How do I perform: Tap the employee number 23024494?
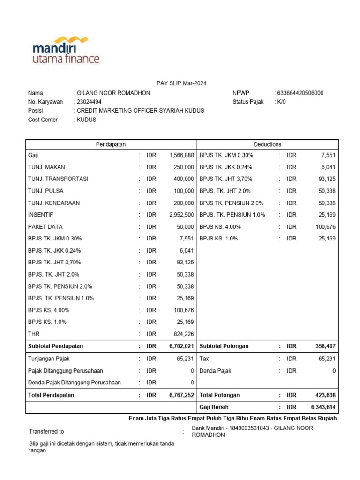[x=89, y=102]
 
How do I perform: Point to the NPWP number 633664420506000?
[x=300, y=93]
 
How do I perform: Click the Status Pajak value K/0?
[x=281, y=102]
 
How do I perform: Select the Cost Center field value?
[x=86, y=120]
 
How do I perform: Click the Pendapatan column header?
[x=111, y=144]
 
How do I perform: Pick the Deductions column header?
[x=267, y=144]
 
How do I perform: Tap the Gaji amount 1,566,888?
[x=181, y=155]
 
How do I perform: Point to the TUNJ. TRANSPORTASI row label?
[x=58, y=179]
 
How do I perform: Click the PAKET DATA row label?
[x=45, y=226]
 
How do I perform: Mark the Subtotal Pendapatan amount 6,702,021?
[x=181, y=346]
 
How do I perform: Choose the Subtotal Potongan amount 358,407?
[x=325, y=346]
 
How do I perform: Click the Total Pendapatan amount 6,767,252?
[x=181, y=395]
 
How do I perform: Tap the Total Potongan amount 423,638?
[x=325, y=395]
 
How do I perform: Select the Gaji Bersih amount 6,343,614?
[x=323, y=407]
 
